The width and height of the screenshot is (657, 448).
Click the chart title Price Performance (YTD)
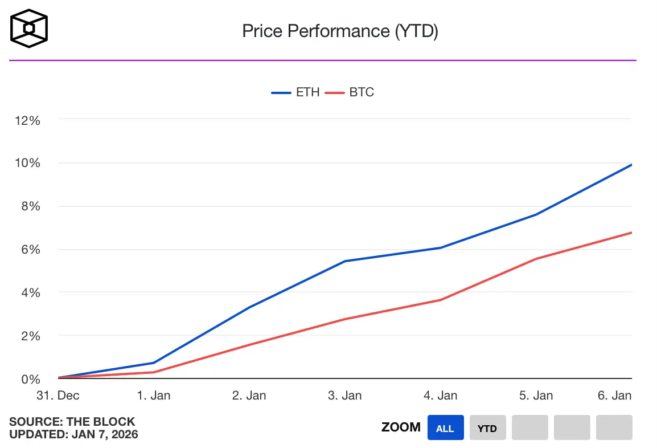coord(340,31)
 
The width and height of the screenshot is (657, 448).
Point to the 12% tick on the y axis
coord(28,120)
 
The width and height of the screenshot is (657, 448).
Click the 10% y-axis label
coord(28,163)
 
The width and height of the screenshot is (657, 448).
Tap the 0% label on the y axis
coord(30,379)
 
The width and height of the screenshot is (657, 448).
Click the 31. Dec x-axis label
coord(58,396)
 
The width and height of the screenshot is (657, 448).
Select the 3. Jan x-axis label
coord(345,396)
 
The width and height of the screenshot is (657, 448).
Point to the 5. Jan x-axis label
coord(536,396)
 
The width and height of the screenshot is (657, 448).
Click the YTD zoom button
coord(487,428)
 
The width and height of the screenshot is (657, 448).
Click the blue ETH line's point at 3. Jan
coord(345,261)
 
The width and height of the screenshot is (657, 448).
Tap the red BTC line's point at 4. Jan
coord(441,300)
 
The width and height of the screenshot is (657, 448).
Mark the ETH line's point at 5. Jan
coord(536,214)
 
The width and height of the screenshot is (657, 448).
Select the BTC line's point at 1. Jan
coord(154,372)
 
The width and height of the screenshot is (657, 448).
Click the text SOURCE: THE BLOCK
coord(72,422)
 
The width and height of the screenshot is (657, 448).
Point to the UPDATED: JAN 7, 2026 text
coord(73,434)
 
